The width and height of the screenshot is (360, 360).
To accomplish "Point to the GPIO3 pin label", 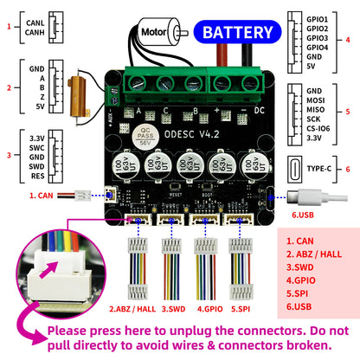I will tap(318, 38).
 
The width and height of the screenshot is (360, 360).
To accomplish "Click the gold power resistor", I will tap(88, 86).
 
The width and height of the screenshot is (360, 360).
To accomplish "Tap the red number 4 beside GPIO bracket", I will tap(348, 39).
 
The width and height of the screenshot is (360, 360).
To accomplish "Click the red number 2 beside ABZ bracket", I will tap(9, 87).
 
